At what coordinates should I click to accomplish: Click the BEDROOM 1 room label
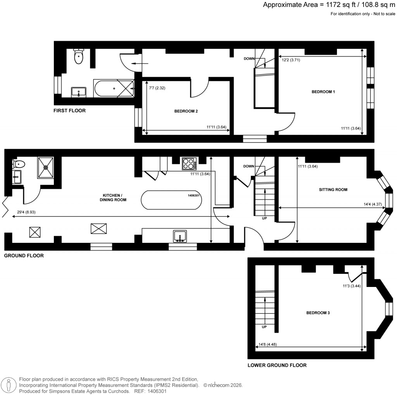tap(323, 92)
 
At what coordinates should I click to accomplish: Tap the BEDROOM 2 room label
tap(186, 111)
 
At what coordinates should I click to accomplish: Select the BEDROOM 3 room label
tap(318, 313)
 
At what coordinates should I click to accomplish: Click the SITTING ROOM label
tap(333, 190)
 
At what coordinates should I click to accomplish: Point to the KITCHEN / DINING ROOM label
tap(112, 197)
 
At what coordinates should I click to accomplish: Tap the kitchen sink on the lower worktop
tap(180, 236)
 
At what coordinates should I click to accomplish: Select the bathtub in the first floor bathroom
tap(113, 88)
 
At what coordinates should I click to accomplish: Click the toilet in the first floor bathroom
tap(79, 57)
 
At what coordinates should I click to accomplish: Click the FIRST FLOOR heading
tap(69, 111)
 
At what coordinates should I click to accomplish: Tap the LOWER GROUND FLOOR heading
tap(277, 365)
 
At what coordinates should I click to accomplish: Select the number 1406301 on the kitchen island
tap(193, 196)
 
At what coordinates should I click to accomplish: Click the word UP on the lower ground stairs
tap(264, 327)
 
